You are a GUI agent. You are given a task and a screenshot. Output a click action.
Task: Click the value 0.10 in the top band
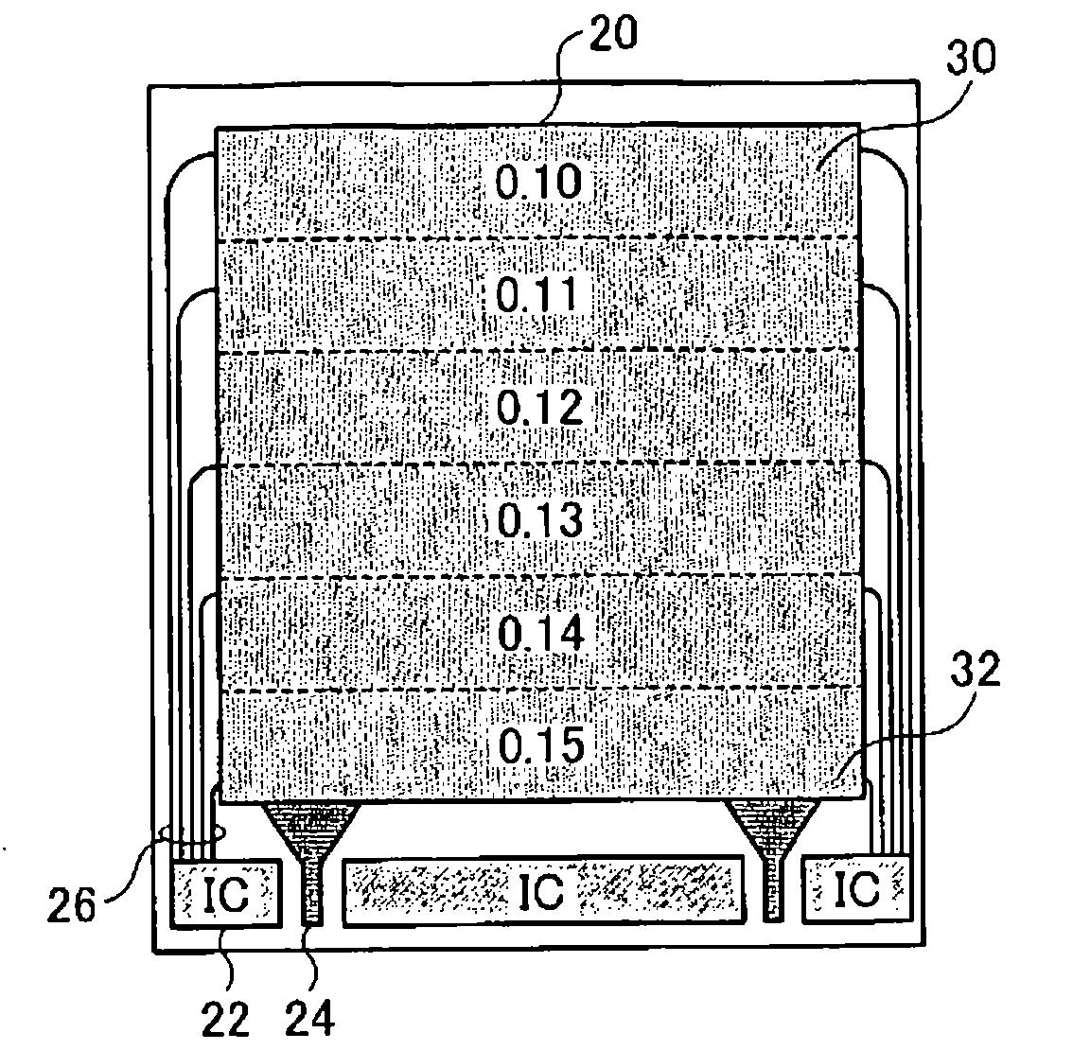[x=537, y=181]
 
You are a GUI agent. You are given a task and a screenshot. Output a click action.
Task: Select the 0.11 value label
[x=537, y=294]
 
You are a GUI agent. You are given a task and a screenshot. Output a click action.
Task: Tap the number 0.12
[x=537, y=407]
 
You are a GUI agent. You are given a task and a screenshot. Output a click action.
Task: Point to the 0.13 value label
[x=537, y=519]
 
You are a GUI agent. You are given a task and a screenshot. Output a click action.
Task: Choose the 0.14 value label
[x=537, y=632]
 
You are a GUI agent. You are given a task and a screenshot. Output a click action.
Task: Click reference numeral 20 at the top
[x=612, y=35]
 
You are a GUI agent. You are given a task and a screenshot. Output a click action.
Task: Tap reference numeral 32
[x=973, y=671]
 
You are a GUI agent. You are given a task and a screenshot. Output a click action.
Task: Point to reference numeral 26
[x=72, y=904]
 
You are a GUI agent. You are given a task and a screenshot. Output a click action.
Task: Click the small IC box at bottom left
[x=225, y=891]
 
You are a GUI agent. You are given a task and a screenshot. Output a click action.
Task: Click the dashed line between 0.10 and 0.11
[x=539, y=238]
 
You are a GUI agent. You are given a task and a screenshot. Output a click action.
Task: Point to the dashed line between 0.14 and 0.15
[x=539, y=689]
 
